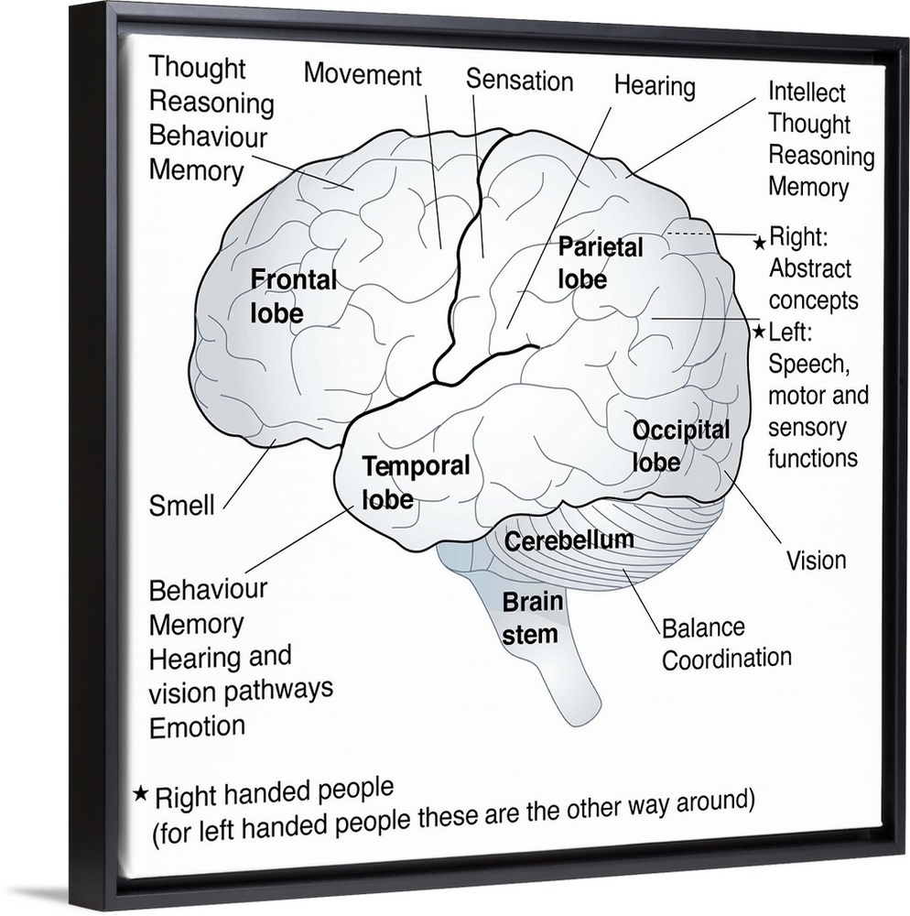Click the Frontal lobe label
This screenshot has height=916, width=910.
click(x=293, y=295)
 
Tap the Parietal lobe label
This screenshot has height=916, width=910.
click(x=600, y=262)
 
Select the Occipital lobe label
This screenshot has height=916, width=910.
click(x=681, y=445)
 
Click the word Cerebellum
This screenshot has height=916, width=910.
click(x=569, y=540)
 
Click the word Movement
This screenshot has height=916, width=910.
click(x=363, y=74)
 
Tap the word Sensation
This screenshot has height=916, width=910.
click(x=519, y=80)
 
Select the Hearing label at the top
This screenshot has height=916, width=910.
click(x=654, y=87)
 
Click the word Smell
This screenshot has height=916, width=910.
click(x=181, y=505)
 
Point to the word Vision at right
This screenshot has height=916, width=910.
click(x=817, y=559)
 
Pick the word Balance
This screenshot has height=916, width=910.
click(x=702, y=628)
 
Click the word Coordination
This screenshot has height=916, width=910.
click(x=726, y=658)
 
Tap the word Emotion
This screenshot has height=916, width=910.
click(x=197, y=726)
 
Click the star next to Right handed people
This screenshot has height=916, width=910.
click(x=140, y=792)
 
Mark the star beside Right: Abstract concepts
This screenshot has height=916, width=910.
click(x=759, y=243)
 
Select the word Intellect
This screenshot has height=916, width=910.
click(x=807, y=93)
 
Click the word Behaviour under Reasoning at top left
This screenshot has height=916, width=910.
click(x=208, y=136)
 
